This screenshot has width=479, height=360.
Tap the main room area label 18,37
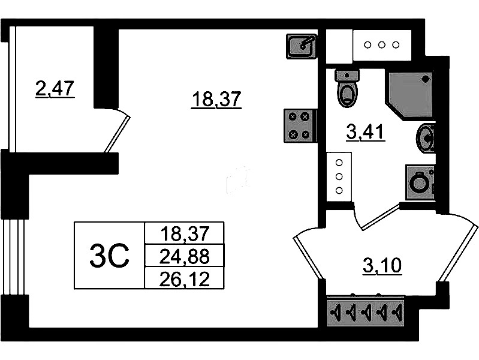(x=216, y=98)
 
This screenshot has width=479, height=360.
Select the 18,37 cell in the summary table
(x=184, y=232)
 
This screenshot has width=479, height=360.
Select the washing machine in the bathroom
(x=420, y=182)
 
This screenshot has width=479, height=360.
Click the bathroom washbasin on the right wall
(x=426, y=137)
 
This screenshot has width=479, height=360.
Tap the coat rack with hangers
(x=366, y=312)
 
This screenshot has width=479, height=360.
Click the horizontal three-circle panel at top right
(x=381, y=44)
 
